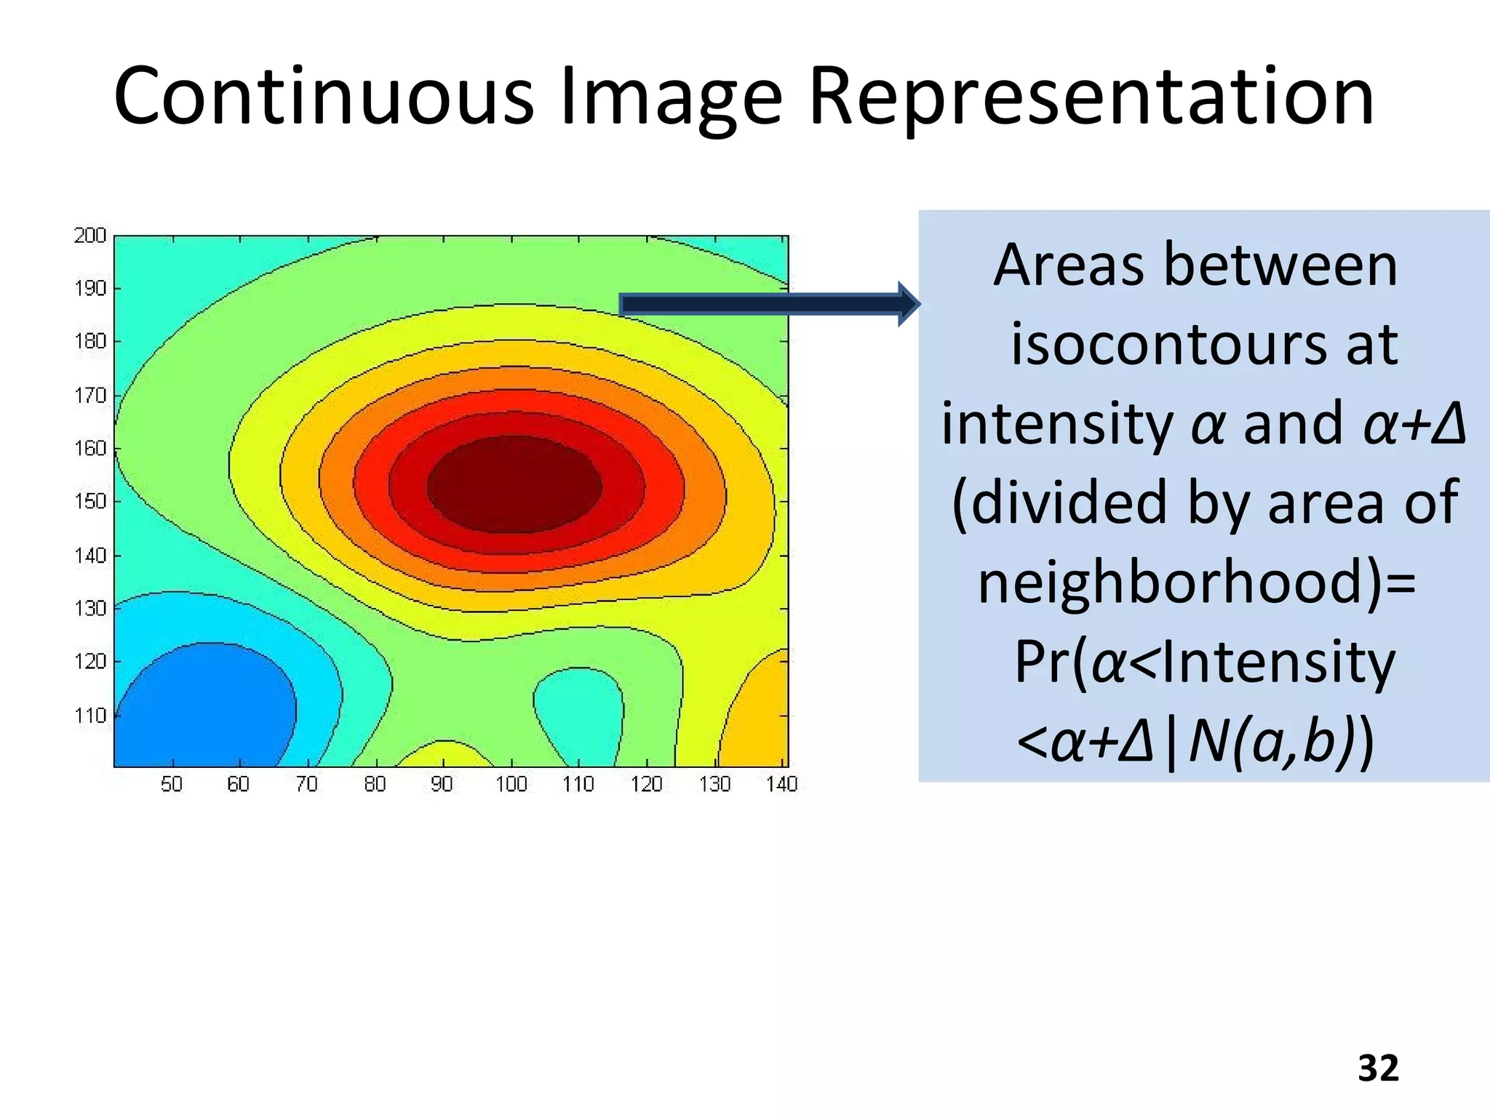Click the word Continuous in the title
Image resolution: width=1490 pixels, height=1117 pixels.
324,97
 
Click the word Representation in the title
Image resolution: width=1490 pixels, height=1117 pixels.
1091,97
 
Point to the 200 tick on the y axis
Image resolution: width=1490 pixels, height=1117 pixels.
89,236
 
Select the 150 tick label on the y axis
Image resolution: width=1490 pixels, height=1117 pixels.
90,501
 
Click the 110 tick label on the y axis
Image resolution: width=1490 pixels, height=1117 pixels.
90,716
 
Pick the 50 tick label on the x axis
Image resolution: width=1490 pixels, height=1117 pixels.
172,784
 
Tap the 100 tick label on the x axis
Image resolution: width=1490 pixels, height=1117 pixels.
511,784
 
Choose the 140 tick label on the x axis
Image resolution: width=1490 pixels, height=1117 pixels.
781,784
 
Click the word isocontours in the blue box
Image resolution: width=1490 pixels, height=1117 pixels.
1160,344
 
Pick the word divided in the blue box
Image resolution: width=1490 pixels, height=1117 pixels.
1069,503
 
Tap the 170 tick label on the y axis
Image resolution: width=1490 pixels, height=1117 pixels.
90,396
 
